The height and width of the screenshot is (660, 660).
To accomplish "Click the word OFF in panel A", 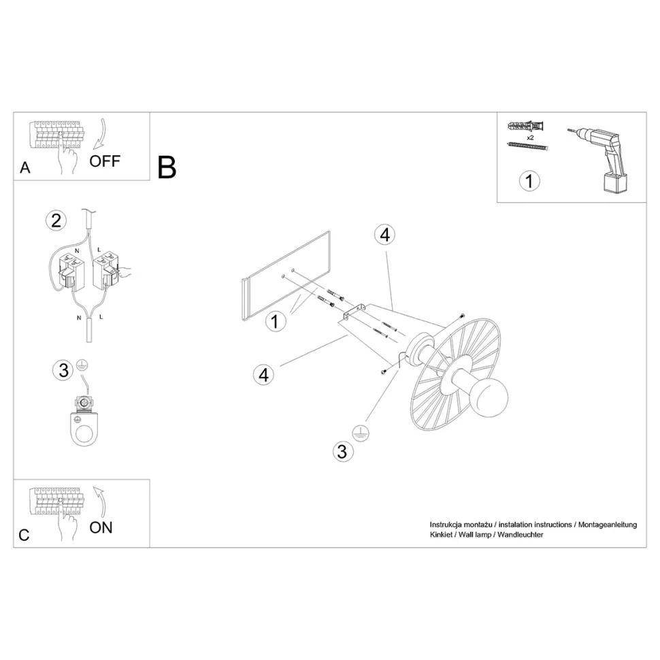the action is (105, 161).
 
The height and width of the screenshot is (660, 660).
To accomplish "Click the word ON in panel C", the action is (101, 527).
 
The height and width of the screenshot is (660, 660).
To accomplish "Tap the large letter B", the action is (167, 167).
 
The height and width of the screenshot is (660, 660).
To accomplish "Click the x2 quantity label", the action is (530, 137).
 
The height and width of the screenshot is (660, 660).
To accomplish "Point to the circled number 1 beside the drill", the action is (529, 181).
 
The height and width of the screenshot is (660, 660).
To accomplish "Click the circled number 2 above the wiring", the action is (56, 220).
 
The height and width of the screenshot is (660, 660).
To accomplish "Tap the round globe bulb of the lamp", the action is (492, 396).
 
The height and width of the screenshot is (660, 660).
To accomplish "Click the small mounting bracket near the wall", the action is (352, 312).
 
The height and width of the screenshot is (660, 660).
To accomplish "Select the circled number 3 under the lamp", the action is (343, 452).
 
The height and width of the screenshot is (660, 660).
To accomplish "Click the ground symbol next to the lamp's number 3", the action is (361, 433).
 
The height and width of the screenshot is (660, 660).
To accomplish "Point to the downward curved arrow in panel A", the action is (101, 134).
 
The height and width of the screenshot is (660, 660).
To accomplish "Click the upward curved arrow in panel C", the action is (101, 501).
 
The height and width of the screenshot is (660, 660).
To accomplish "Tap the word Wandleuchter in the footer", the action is (521, 535).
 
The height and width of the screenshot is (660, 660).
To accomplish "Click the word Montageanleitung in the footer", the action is (608, 525).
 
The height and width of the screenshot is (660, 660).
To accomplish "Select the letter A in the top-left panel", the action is (25, 167).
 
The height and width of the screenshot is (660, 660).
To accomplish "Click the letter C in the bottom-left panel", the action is (24, 535).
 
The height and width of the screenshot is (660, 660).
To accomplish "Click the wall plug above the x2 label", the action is (526, 126).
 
